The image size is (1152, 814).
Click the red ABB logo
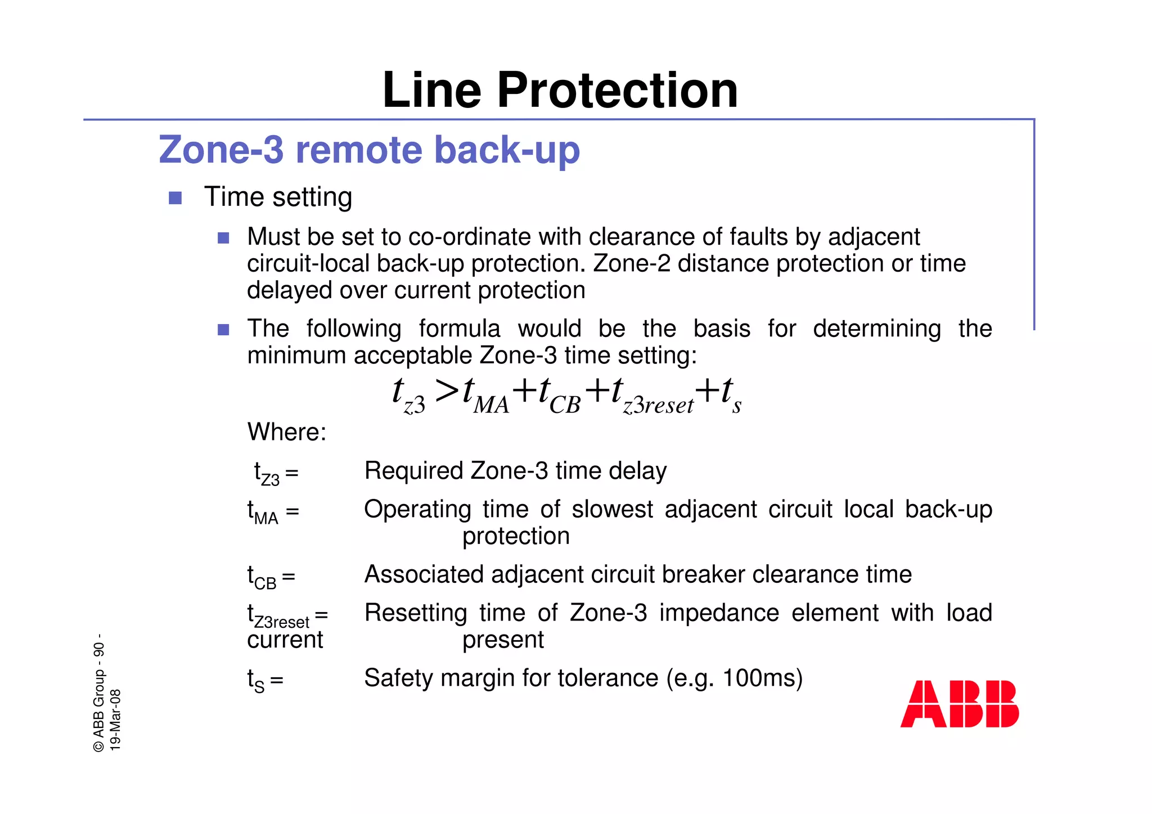click(x=960, y=704)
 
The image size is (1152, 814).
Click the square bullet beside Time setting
click(x=175, y=198)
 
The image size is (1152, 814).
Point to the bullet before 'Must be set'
click(x=223, y=238)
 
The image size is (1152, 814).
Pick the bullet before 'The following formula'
click(x=223, y=330)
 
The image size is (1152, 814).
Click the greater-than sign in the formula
click(x=447, y=390)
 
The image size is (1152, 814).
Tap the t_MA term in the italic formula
click(x=485, y=395)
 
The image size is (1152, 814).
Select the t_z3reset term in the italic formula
click(x=652, y=395)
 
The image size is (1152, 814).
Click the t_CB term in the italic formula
click(x=559, y=395)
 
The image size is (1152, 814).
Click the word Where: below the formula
click(x=287, y=432)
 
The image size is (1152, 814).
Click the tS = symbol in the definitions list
click(x=265, y=681)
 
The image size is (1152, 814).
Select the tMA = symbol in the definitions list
click(x=273, y=512)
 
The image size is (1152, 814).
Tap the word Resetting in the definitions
click(x=416, y=613)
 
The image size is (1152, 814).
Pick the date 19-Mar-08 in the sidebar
click(x=115, y=719)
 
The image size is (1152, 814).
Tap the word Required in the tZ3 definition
click(x=414, y=470)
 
